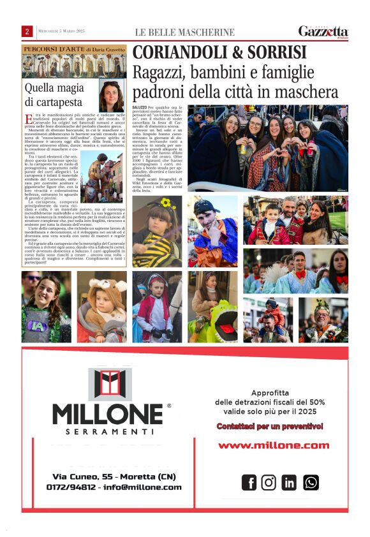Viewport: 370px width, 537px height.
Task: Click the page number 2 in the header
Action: pyautogui.click(x=27, y=31)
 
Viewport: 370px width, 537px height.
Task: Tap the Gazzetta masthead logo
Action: pyautogui.click(x=323, y=31)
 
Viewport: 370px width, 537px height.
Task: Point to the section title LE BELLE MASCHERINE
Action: pyautogui.click(x=184, y=32)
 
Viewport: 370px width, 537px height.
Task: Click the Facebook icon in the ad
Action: pyautogui.click(x=249, y=483)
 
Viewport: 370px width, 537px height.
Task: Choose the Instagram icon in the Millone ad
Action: pyautogui.click(x=269, y=483)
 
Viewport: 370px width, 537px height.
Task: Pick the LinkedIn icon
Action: pyautogui.click(x=289, y=483)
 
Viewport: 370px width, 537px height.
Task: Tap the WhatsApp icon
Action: pyautogui.click(x=311, y=483)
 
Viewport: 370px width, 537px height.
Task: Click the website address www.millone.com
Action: pyautogui.click(x=274, y=445)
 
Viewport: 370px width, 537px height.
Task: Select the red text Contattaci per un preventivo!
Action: pyautogui.click(x=269, y=425)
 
